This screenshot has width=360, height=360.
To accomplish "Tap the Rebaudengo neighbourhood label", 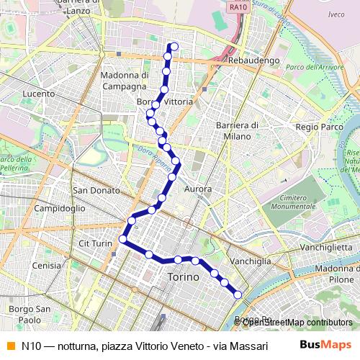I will click(253, 61).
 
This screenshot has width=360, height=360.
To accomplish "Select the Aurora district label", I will click(198, 189).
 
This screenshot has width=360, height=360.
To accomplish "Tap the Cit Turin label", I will click(96, 244).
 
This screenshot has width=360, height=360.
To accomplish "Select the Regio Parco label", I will click(317, 126).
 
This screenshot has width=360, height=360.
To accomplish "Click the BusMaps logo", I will click(325, 345).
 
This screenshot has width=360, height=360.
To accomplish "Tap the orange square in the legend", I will click(10, 345).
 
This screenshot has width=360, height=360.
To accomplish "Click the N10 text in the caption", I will click(32, 345).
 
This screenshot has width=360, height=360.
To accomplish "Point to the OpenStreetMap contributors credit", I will click(297, 322).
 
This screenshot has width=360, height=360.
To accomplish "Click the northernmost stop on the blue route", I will click(174, 48).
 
